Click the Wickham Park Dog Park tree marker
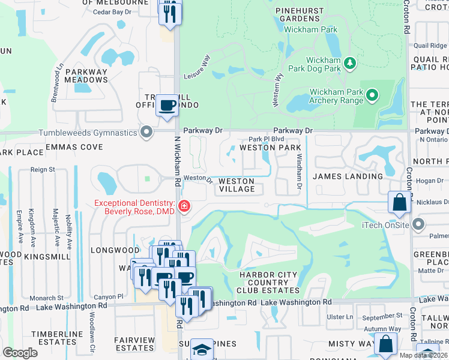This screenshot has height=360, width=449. tap(349, 62)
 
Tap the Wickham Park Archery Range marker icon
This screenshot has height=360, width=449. tap(372, 95)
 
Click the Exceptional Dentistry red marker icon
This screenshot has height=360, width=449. tap(184, 208)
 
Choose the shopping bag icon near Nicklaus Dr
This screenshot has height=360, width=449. tap(399, 203)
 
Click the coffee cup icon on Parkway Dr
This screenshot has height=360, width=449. tap(167, 106)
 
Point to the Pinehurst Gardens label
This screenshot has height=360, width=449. tap(300, 14)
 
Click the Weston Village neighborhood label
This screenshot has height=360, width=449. tap(236, 185)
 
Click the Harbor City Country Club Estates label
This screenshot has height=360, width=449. tap(260, 283)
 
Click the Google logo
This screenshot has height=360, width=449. tap(20, 352)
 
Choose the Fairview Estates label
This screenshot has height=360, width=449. tap(134, 344)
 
